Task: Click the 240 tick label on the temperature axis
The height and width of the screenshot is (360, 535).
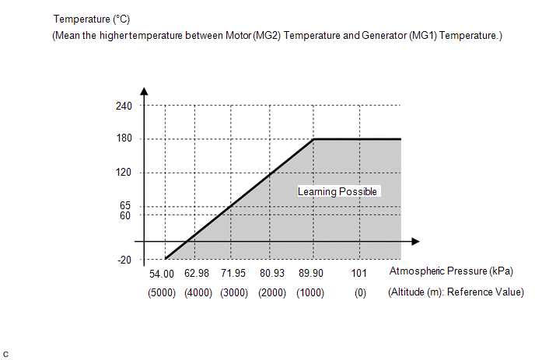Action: (x=124, y=106)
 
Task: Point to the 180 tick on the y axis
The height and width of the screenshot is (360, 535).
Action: (x=124, y=139)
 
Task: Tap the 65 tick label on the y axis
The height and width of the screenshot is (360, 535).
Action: (x=126, y=205)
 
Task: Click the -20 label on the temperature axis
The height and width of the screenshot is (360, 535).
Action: (x=124, y=260)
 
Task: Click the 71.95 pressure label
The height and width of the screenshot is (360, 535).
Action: (x=236, y=274)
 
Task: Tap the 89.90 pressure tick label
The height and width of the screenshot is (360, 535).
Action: (x=310, y=274)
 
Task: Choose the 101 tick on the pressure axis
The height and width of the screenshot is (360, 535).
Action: (x=358, y=274)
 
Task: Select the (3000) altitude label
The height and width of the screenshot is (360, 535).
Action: (x=236, y=292)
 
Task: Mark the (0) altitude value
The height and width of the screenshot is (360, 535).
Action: (x=358, y=292)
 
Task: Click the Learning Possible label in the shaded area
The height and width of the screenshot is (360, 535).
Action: (x=337, y=191)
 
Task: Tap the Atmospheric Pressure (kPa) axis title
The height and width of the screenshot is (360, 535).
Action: (x=450, y=271)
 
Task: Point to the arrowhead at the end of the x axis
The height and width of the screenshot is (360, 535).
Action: (x=415, y=241)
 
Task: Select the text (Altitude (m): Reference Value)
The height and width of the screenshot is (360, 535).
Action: (x=456, y=292)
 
